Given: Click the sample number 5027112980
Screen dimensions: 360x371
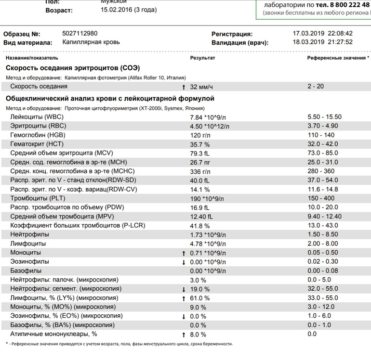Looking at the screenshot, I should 80,34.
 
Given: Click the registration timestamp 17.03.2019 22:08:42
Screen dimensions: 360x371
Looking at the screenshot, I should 323,34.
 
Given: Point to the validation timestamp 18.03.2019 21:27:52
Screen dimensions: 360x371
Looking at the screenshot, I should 323,42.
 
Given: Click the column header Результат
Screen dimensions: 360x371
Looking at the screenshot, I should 202,58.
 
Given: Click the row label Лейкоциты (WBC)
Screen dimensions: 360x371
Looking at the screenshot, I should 37,117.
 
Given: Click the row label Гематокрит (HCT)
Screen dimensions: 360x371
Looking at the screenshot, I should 37,144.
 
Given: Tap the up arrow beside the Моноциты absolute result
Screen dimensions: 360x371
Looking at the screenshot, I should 184,253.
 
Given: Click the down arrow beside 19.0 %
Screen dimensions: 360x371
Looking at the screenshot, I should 184,289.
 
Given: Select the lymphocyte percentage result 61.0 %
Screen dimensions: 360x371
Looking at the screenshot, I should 200,298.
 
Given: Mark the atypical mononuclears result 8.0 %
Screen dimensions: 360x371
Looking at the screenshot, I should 199,334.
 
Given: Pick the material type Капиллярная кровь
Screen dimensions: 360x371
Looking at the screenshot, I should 91,42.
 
